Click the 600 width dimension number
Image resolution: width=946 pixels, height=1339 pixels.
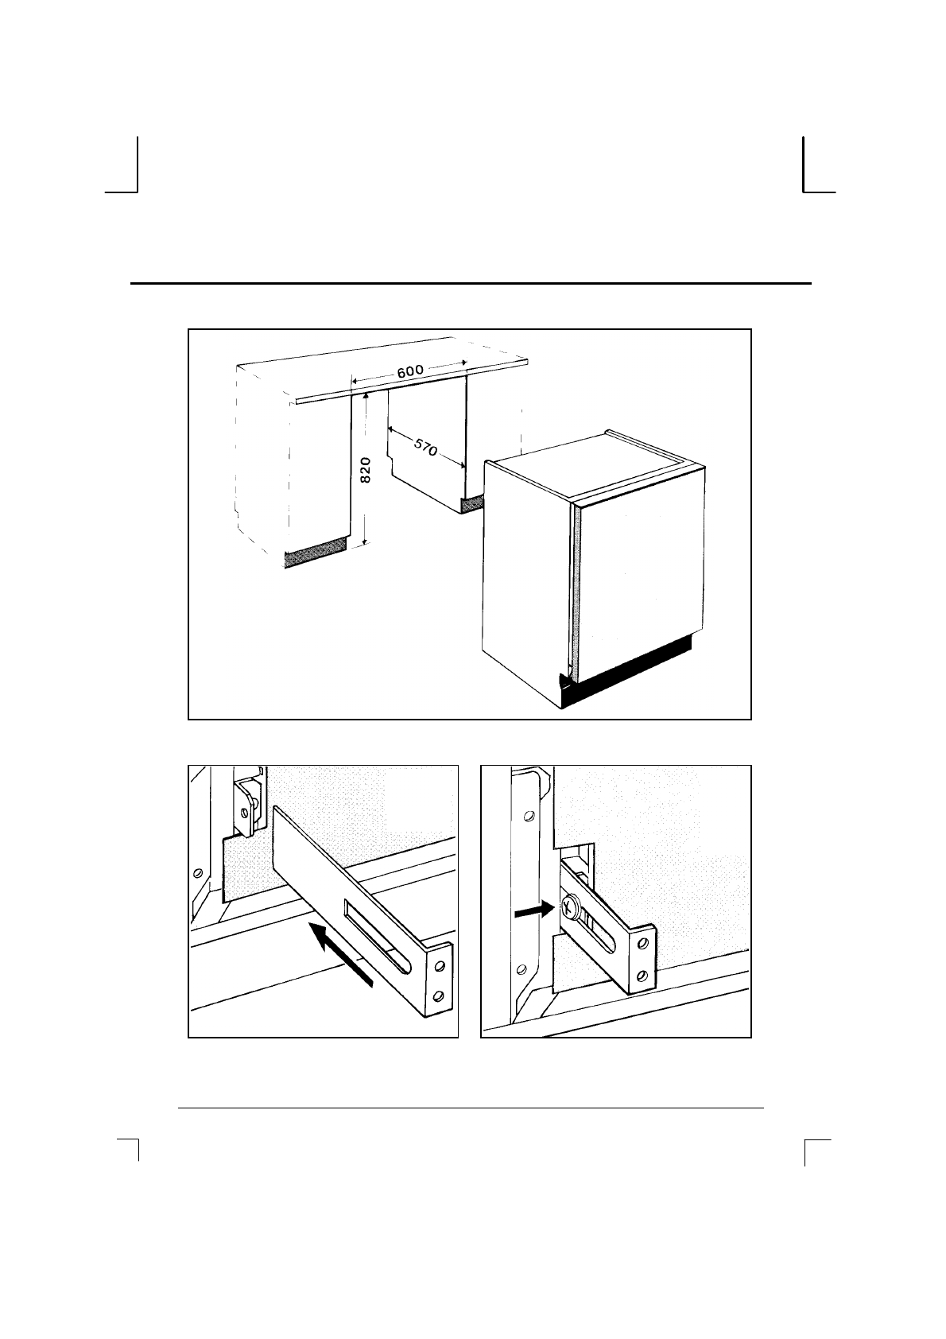click(x=410, y=371)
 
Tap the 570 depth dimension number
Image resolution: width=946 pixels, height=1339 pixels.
click(x=425, y=447)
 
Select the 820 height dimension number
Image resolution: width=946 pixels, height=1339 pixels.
click(x=366, y=470)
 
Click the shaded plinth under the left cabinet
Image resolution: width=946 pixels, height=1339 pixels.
click(x=316, y=553)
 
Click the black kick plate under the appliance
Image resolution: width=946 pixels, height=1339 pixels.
click(x=625, y=673)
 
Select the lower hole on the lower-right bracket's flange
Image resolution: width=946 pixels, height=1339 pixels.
click(x=642, y=976)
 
